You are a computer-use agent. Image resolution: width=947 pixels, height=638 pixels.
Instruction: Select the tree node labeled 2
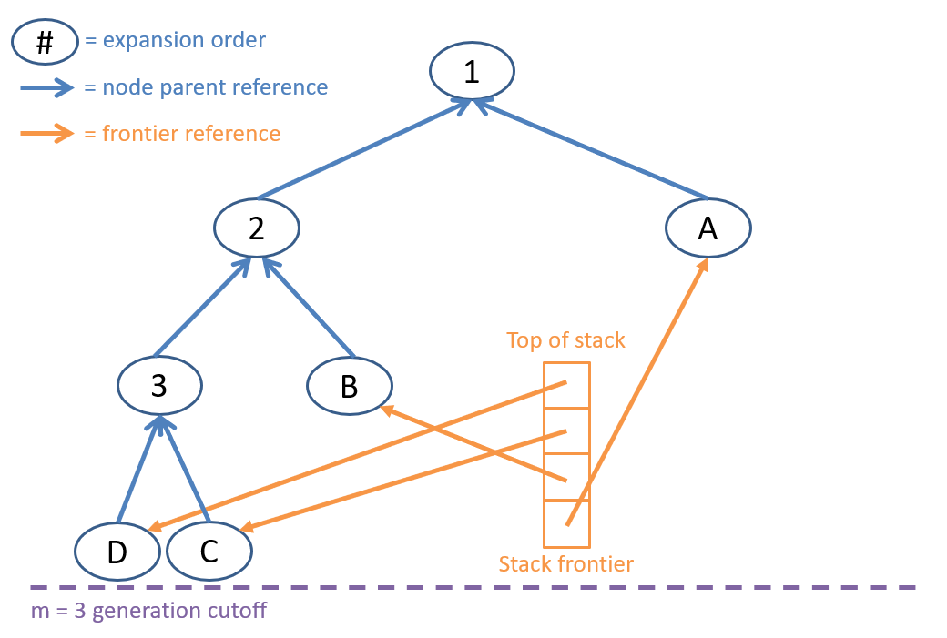[x=256, y=228]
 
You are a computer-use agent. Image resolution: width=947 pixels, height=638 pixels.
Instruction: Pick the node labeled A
[x=708, y=228]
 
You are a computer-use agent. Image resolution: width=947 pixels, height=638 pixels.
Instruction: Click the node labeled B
[x=349, y=387]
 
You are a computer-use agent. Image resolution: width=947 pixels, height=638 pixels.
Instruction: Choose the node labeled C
[x=209, y=552]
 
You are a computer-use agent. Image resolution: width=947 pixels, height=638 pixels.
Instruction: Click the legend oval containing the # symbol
[x=45, y=41]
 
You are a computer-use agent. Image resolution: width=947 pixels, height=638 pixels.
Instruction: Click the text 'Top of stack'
[x=565, y=341]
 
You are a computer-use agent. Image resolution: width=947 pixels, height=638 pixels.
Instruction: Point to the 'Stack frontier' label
[x=565, y=564]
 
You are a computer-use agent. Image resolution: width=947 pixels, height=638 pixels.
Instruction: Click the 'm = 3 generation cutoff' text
[x=149, y=610]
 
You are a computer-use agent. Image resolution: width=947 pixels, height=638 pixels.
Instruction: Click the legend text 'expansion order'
[x=184, y=41]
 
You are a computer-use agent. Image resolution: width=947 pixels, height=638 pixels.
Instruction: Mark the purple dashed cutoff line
[x=473, y=587]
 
